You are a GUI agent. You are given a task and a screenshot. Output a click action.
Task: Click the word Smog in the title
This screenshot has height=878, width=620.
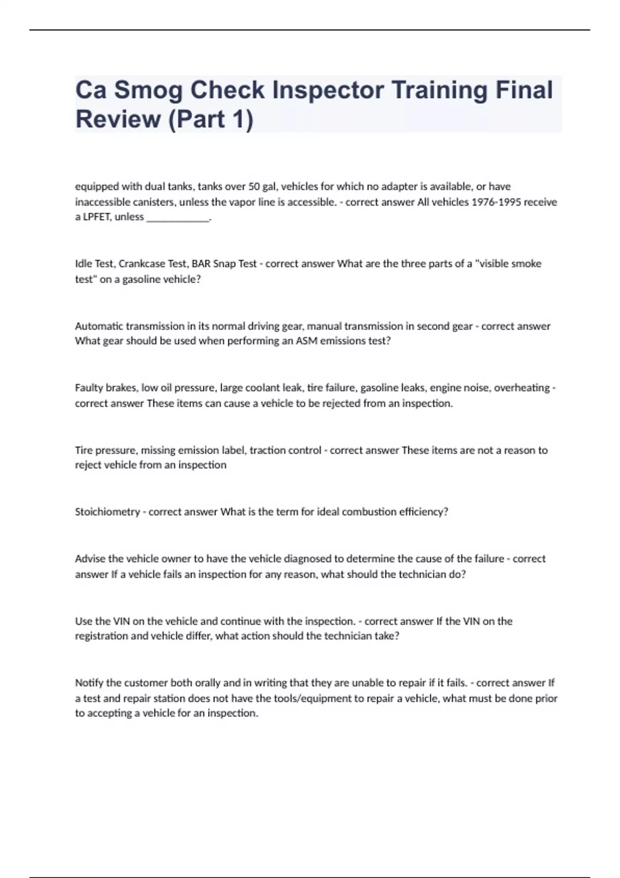coord(148,90)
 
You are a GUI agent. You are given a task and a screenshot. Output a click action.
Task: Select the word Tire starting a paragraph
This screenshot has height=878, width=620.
coord(84,450)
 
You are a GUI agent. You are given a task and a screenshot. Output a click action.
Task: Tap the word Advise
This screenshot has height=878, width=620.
coord(90,558)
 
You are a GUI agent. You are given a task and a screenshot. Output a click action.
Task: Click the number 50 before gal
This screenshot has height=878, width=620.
coord(254,186)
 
